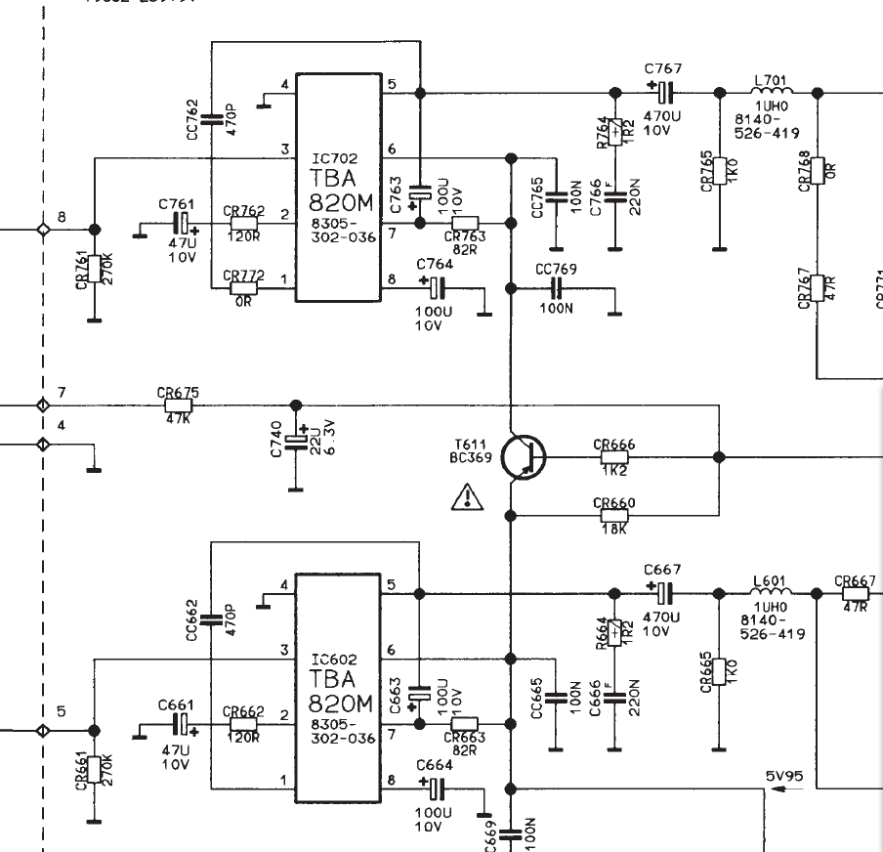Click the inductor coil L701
tap(773, 92)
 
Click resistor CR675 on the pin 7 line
tap(179, 405)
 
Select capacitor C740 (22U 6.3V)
tap(296, 441)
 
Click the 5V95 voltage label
tap(784, 777)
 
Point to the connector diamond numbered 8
tap(42, 229)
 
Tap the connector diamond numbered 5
tap(42, 730)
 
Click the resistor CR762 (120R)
tap(244, 223)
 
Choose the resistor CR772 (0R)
tap(244, 288)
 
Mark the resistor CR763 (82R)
tap(465, 223)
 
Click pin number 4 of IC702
tap(284, 85)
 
